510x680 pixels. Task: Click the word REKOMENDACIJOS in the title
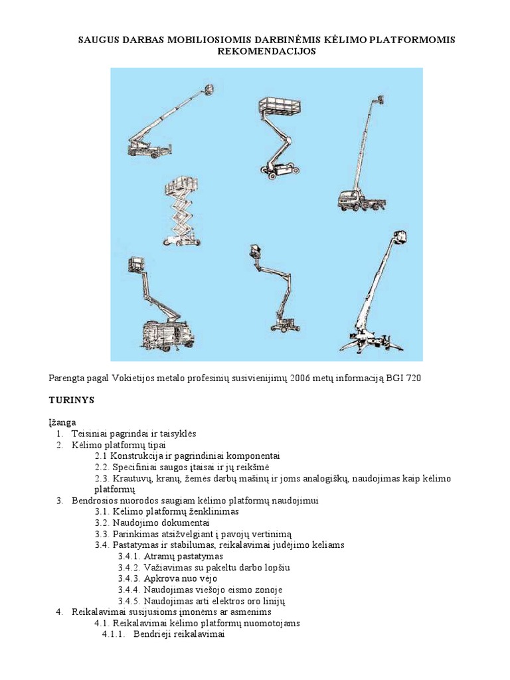(x=266, y=51)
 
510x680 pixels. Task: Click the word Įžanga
(x=62, y=422)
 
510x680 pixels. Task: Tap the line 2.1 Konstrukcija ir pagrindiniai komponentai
(x=187, y=456)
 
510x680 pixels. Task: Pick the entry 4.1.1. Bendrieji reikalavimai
(x=163, y=634)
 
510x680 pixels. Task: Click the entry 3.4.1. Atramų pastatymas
(x=171, y=556)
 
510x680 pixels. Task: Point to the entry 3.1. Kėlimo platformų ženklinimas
(x=167, y=511)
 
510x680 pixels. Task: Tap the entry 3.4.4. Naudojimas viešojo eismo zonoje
(x=201, y=590)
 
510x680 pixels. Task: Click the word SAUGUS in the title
(x=99, y=40)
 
